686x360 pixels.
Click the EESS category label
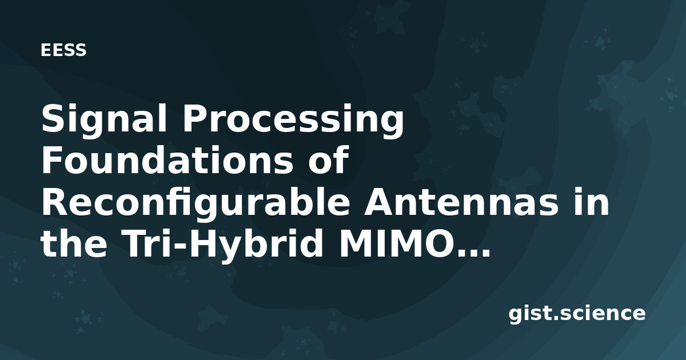pyautogui.click(x=63, y=50)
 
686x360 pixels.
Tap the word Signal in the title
pyautogui.click(x=104, y=121)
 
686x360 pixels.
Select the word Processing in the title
pyautogui.click(x=293, y=121)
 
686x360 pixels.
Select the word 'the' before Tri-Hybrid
pyautogui.click(x=74, y=243)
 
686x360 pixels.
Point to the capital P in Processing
pyautogui.click(x=196, y=118)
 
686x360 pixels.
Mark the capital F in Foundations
pyautogui.click(x=52, y=159)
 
